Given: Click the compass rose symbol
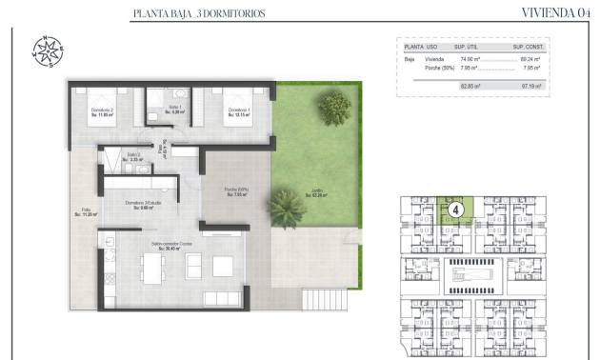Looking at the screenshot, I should tap(49, 50).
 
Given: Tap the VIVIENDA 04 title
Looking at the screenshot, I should tap(557, 13).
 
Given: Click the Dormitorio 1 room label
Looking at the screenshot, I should tap(238, 112).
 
